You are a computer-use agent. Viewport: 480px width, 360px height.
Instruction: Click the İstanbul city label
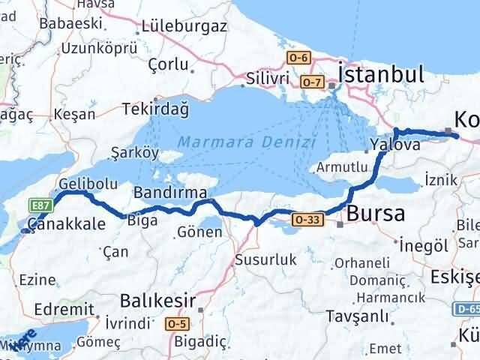tap(381, 73)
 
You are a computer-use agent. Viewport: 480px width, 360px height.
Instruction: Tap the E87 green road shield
tap(40, 202)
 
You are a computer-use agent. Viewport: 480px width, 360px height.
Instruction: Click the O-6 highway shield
tap(299, 57)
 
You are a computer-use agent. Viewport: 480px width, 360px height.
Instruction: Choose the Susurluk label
tap(266, 259)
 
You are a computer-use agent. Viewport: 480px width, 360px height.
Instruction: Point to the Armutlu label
tap(342, 168)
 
